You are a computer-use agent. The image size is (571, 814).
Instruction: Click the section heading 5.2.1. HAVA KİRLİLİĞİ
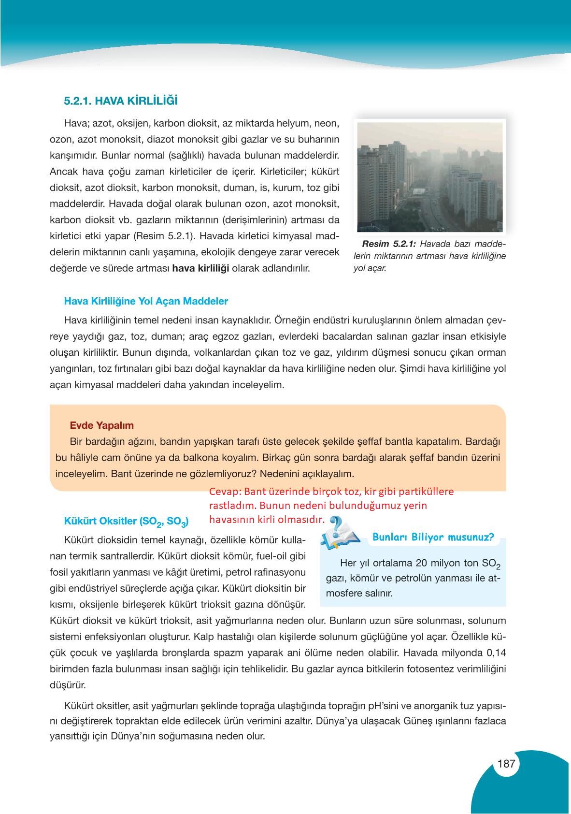pos(121,101)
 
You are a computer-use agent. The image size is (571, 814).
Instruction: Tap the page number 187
pos(506,764)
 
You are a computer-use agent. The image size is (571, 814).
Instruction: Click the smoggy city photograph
pos(429,176)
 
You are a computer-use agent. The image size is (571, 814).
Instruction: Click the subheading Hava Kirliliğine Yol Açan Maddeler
pos(146,301)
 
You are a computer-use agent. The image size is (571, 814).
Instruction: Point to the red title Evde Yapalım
pos(102,425)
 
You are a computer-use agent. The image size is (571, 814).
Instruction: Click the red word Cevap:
pos(225,492)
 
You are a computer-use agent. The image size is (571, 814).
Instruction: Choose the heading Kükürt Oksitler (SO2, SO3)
pos(126,522)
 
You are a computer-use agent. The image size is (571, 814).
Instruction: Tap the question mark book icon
pos(340,533)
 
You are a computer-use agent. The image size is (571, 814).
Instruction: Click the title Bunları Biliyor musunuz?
pos(433,537)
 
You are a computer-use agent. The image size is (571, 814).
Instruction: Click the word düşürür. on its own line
pos(68,685)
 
